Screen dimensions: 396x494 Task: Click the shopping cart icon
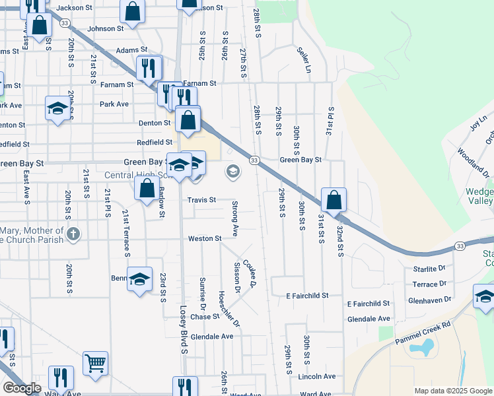(x=95, y=362)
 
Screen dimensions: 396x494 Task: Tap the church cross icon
(x=73, y=233)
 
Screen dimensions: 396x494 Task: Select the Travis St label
(x=201, y=200)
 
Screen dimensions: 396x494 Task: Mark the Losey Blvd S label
(x=184, y=328)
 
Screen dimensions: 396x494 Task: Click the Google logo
(x=22, y=388)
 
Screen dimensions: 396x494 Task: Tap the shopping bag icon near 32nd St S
(x=334, y=198)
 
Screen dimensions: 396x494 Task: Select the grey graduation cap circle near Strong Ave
(x=232, y=172)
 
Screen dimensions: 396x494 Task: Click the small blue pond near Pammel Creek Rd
(x=427, y=345)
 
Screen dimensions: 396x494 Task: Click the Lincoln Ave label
(x=317, y=376)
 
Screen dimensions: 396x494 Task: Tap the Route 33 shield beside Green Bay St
(x=254, y=160)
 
